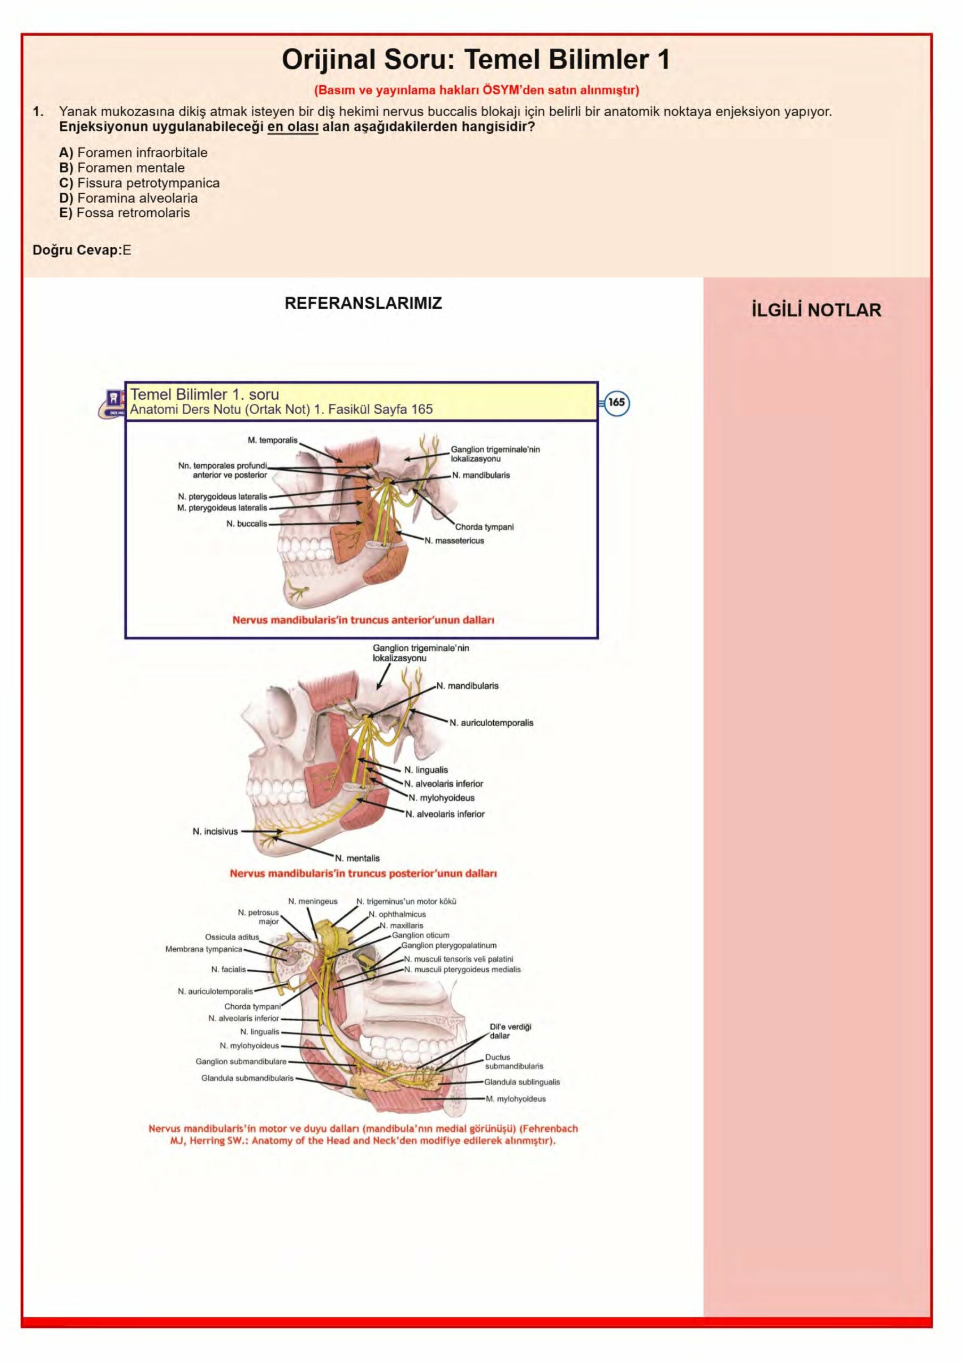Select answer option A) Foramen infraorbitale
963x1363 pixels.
[x=134, y=153]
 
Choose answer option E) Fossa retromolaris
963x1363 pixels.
[x=125, y=213]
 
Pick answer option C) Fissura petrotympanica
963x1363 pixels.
[x=140, y=183]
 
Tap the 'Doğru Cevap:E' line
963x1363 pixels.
[x=82, y=250]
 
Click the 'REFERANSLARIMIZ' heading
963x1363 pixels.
[x=363, y=303]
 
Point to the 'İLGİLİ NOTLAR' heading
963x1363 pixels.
[x=817, y=310]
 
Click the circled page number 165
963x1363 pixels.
[x=617, y=403]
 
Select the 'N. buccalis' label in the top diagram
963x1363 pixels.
[x=247, y=523]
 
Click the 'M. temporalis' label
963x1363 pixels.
[x=273, y=440]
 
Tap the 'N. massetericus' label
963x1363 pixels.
[x=454, y=541]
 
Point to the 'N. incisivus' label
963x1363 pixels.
[x=215, y=832]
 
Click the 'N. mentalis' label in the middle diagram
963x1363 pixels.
[x=357, y=858]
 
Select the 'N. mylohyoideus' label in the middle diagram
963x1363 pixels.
[x=441, y=798]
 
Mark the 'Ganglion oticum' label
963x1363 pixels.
[x=420, y=935]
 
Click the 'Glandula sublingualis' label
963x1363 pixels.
[x=522, y=1082]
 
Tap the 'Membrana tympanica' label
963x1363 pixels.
[x=203, y=949]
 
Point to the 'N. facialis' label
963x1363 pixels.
[x=228, y=970]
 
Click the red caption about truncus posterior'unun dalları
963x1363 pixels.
[x=363, y=874]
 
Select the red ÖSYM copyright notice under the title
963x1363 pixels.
[x=476, y=90]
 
